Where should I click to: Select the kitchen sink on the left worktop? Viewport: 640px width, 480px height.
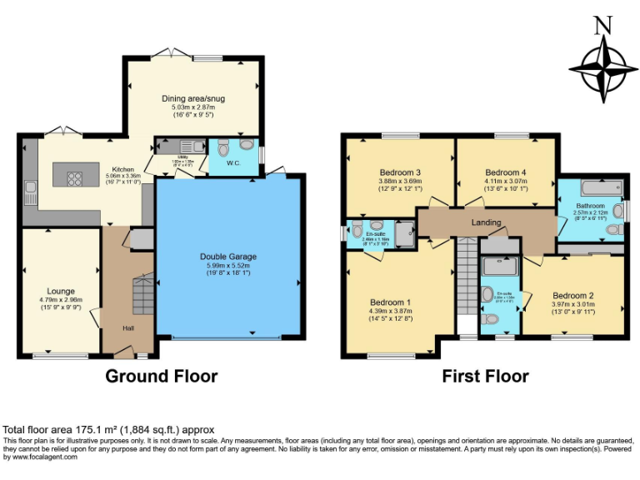point(30,192)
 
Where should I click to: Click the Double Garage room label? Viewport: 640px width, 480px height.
point(227,257)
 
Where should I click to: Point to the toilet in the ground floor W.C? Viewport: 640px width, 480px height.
point(222,148)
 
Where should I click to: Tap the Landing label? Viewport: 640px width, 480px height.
point(486,222)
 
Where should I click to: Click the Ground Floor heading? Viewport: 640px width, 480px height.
point(161,376)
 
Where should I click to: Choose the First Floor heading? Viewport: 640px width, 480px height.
point(485,376)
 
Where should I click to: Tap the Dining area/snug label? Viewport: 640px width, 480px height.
point(192,98)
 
